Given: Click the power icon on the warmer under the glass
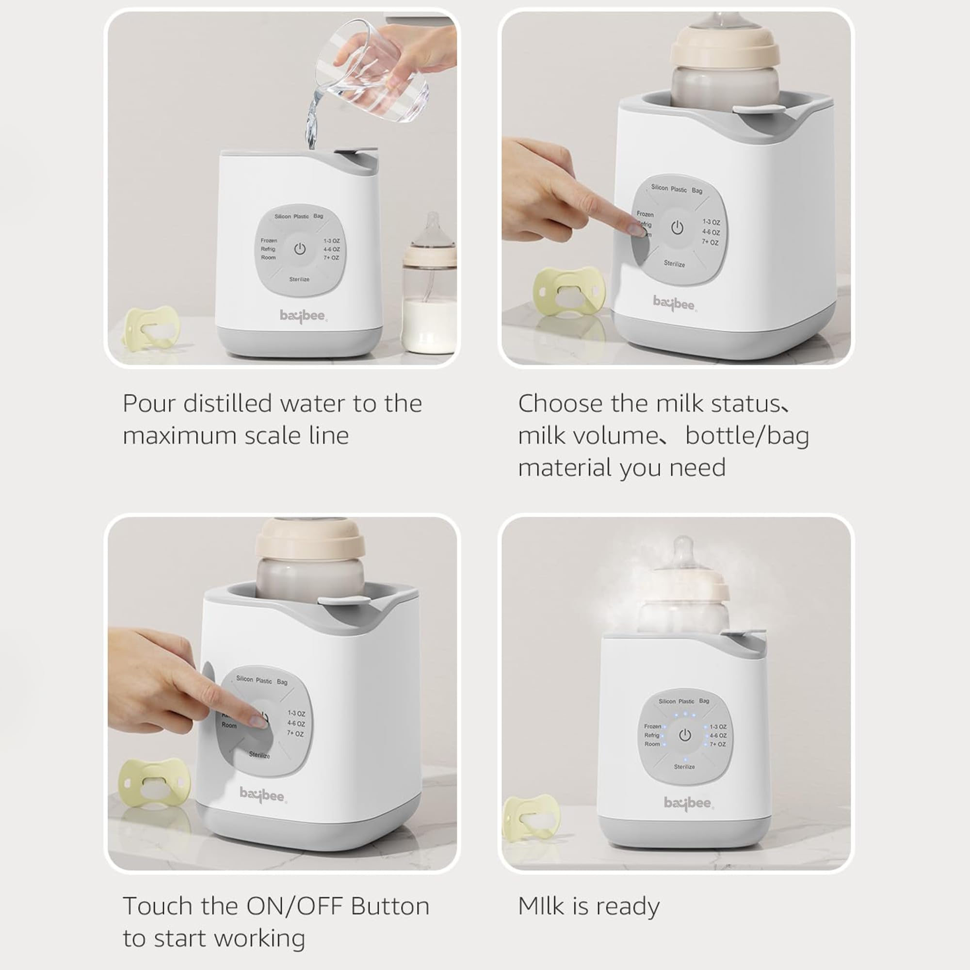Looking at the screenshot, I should pos(300,248).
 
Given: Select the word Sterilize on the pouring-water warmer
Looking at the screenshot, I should pos(299,279).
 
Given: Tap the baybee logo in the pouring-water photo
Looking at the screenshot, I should pos(303,315).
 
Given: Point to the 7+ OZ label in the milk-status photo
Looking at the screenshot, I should pos(710,242).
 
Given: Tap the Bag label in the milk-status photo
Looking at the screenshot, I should pos(697,190).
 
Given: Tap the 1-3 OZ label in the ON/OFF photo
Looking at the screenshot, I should pos(296,713).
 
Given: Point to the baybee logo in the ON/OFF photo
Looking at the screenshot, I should pos(262,795).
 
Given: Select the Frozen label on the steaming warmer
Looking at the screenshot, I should pos(652,726).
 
